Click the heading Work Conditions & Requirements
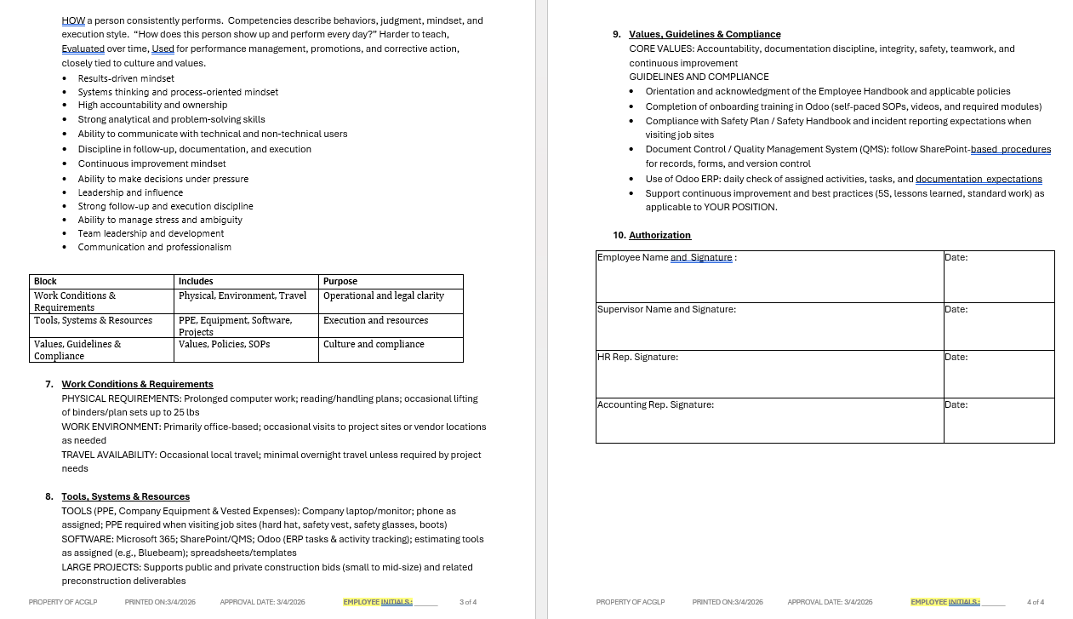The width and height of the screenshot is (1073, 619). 137,384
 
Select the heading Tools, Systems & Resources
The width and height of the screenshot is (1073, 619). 125,496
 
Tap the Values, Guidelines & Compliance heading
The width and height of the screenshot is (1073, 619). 705,34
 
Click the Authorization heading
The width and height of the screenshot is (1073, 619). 659,235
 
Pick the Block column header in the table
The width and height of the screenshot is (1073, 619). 46,281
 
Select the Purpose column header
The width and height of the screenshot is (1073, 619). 340,281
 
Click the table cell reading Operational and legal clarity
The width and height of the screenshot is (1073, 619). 384,295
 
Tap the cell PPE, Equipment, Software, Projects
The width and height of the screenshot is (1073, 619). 235,325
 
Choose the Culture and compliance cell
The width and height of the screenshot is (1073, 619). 374,344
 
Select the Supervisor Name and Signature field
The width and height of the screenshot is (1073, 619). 666,309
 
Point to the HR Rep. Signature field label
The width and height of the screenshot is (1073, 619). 637,357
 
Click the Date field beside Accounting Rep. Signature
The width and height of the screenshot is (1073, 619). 956,404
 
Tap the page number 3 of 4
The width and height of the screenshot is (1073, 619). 468,602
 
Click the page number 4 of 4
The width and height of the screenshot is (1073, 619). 1036,602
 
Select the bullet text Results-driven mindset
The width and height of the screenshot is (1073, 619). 126,78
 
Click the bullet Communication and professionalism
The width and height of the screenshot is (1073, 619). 154,247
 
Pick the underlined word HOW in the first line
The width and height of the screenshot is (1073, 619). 73,20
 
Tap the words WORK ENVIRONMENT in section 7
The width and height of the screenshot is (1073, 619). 111,427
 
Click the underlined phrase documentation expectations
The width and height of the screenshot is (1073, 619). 979,179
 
